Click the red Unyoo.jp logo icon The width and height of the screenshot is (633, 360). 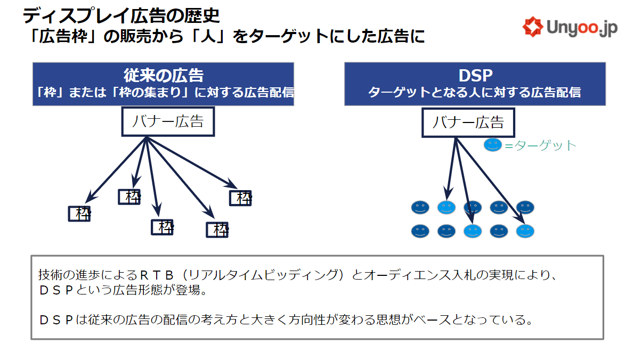pos(533,27)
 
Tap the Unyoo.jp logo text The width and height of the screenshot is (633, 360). pos(582,28)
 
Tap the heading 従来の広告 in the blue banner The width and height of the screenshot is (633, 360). pos(164,76)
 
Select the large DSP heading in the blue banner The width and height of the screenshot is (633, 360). pos(476,76)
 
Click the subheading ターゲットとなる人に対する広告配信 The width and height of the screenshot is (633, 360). pos(475,93)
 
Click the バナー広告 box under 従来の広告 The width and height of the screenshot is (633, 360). pos(168,121)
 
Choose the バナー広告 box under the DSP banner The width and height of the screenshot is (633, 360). pos(468,122)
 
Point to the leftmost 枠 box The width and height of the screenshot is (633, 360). pos(79,214)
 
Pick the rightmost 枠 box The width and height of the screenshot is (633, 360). pos(241,198)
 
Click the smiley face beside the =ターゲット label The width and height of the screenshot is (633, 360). pos(492,145)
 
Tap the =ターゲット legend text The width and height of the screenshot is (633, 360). pos(540,145)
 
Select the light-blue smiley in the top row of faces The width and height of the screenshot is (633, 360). pos(447,208)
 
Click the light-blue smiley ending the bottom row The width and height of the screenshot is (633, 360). pos(525,231)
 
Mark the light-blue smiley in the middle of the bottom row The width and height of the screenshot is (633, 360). pos(473,231)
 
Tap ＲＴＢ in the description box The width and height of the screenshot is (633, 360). pos(157,275)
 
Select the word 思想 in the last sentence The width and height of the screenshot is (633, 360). pos(389,320)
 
